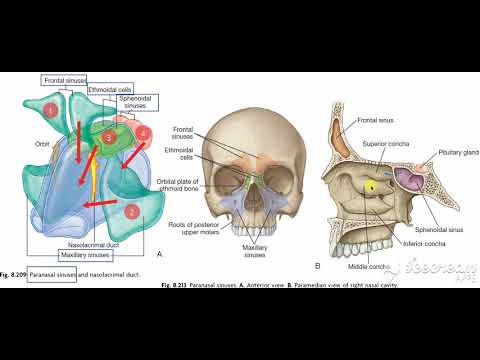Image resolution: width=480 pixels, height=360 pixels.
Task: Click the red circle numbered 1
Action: pyautogui.click(x=50, y=107)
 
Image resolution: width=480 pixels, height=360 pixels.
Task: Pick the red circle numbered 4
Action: pyautogui.click(x=144, y=132)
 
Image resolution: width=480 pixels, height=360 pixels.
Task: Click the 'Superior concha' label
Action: pyautogui.click(x=382, y=142)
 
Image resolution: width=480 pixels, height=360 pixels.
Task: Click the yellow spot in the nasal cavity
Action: pyautogui.click(x=370, y=185)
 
